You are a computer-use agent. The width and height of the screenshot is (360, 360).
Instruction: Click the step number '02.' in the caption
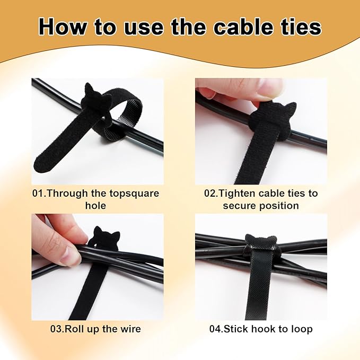[x=211, y=193]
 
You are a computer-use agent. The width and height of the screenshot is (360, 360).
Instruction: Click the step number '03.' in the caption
[x=57, y=329]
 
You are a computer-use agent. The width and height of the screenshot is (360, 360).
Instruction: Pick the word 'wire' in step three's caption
[x=130, y=329]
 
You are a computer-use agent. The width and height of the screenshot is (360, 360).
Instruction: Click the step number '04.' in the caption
[x=216, y=329]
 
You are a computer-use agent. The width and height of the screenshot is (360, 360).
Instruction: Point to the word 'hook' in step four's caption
[x=264, y=329]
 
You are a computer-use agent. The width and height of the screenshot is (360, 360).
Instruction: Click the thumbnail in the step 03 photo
[x=69, y=256]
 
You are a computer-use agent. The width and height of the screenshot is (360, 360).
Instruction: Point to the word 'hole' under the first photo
[x=96, y=206]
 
